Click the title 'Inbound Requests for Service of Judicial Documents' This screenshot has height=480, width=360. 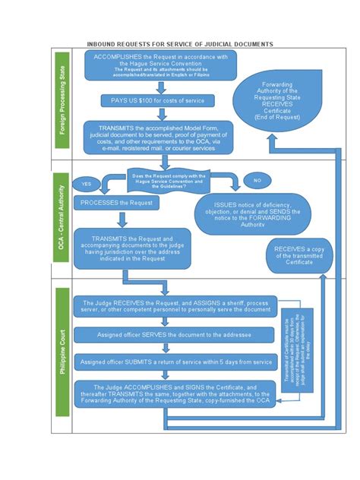180,44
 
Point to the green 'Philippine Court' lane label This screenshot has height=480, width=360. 63,352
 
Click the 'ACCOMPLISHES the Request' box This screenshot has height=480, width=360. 160,66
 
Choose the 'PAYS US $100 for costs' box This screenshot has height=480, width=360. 158,101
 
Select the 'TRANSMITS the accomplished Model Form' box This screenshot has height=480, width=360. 158,137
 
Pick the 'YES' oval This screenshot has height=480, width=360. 85,184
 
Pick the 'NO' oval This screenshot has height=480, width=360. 257,182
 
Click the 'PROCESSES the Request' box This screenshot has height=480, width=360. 117,203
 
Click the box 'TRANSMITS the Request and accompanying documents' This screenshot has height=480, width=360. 132,248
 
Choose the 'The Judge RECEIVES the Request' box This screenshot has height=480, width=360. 174,306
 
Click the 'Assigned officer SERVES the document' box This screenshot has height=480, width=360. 174,335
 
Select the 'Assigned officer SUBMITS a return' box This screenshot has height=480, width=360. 174,362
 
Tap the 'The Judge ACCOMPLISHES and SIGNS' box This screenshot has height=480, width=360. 174,394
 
